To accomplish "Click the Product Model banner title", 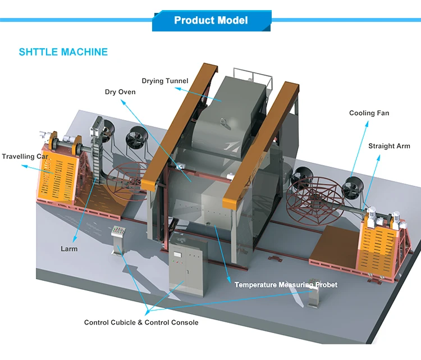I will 210,21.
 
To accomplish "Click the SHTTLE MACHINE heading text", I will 63,52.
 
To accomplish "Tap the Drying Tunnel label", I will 164,81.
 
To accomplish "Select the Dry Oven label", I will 120,92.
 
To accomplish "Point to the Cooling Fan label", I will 369,113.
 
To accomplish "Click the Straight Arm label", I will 389,147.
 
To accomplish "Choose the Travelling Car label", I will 25,157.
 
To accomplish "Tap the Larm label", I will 69,249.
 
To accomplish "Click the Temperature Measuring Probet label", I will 286,285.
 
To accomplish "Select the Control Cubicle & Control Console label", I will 141,322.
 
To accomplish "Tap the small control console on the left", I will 117,240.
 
